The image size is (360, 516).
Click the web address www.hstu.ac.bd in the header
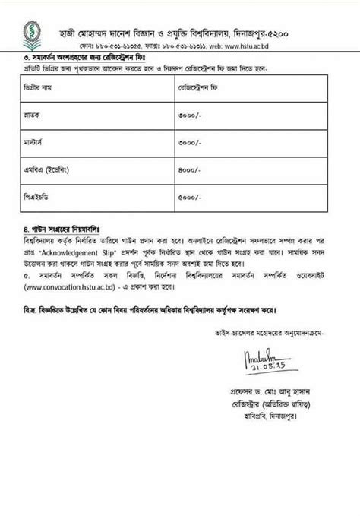pyautogui.click(x=286, y=46)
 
